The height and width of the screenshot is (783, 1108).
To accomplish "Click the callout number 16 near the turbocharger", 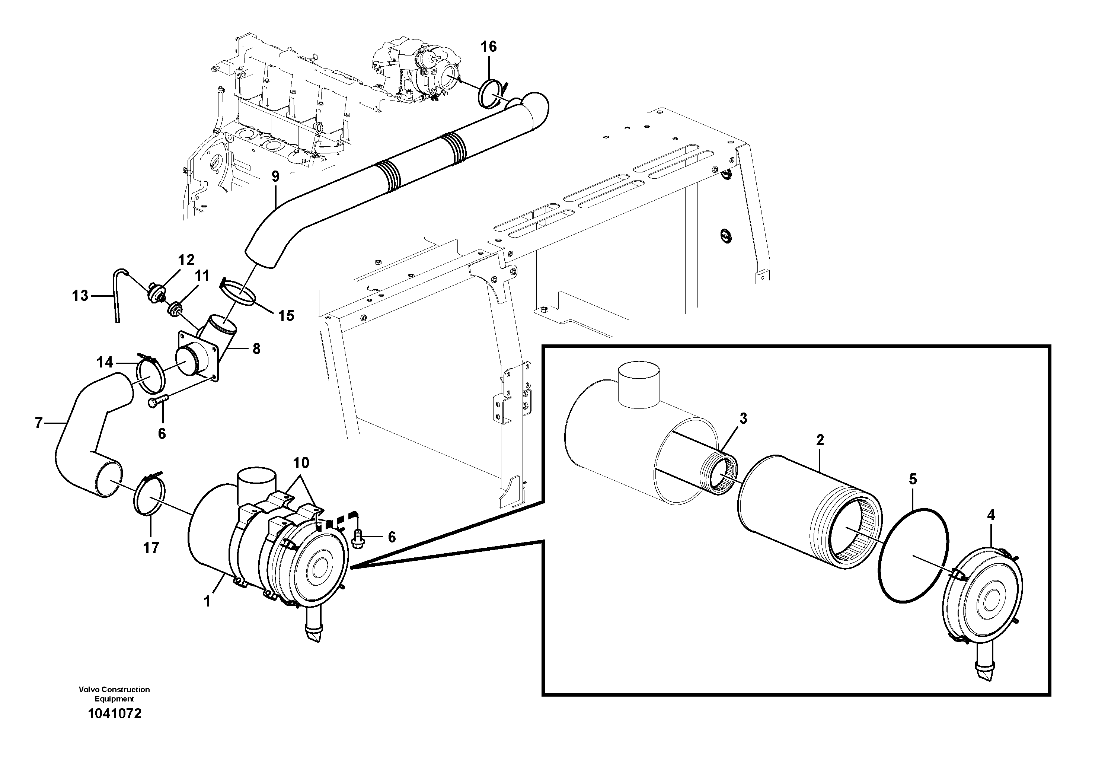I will coord(488,47).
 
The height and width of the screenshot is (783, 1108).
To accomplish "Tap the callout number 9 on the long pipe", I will coord(275,176).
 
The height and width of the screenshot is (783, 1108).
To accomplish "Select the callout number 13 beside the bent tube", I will coord(80,295).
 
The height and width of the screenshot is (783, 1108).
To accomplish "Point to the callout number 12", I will coord(186,260).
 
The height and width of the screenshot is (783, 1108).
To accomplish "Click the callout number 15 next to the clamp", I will coord(286,316).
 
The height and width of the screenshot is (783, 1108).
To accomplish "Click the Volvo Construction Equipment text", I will coord(114,694).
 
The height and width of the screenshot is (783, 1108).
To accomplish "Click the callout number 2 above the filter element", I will coord(820,440).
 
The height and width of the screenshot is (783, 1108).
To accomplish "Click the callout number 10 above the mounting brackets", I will coord(301,463).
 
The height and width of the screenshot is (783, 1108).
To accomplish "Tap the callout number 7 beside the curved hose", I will coord(39,423).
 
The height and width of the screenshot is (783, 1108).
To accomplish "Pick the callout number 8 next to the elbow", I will coord(256,348).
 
